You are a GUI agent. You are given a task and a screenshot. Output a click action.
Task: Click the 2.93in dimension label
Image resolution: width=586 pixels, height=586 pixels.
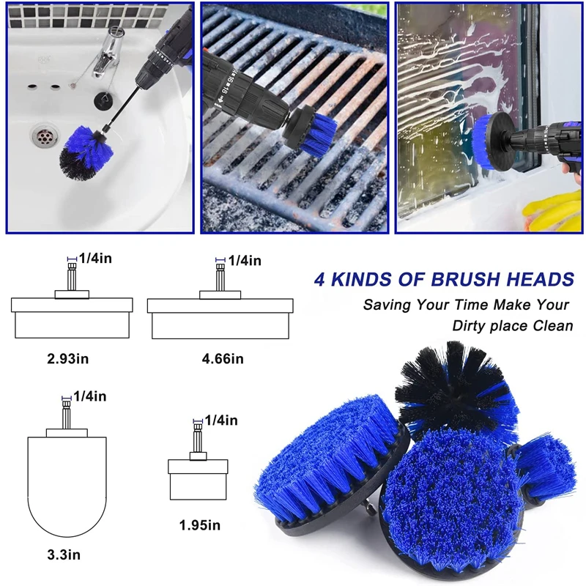(67, 359)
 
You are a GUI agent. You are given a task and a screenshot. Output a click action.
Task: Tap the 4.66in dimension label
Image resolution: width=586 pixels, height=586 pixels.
(223, 359)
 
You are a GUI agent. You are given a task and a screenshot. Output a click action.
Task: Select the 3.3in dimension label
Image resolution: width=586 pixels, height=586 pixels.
(64, 555)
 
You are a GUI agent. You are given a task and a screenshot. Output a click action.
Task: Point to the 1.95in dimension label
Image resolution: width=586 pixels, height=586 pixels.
(199, 525)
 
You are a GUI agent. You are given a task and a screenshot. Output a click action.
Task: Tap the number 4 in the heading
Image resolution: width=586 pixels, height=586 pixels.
(319, 280)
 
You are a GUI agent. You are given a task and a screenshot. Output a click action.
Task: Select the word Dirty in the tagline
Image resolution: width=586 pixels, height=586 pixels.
(469, 326)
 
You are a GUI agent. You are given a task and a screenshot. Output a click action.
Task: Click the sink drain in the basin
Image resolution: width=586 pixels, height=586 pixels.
(45, 136)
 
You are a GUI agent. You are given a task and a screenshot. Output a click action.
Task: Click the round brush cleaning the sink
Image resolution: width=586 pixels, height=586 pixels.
(86, 153)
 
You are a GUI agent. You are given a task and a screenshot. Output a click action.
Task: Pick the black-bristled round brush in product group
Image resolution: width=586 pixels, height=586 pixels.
(456, 389)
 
